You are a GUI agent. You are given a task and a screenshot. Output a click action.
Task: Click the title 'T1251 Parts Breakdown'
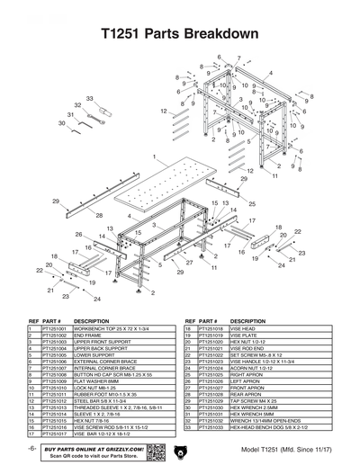coord(180,33)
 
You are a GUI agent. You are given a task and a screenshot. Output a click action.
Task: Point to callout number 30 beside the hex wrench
coord(62,123)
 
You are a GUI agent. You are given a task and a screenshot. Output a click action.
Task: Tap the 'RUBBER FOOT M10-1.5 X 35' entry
coord(107,394)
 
